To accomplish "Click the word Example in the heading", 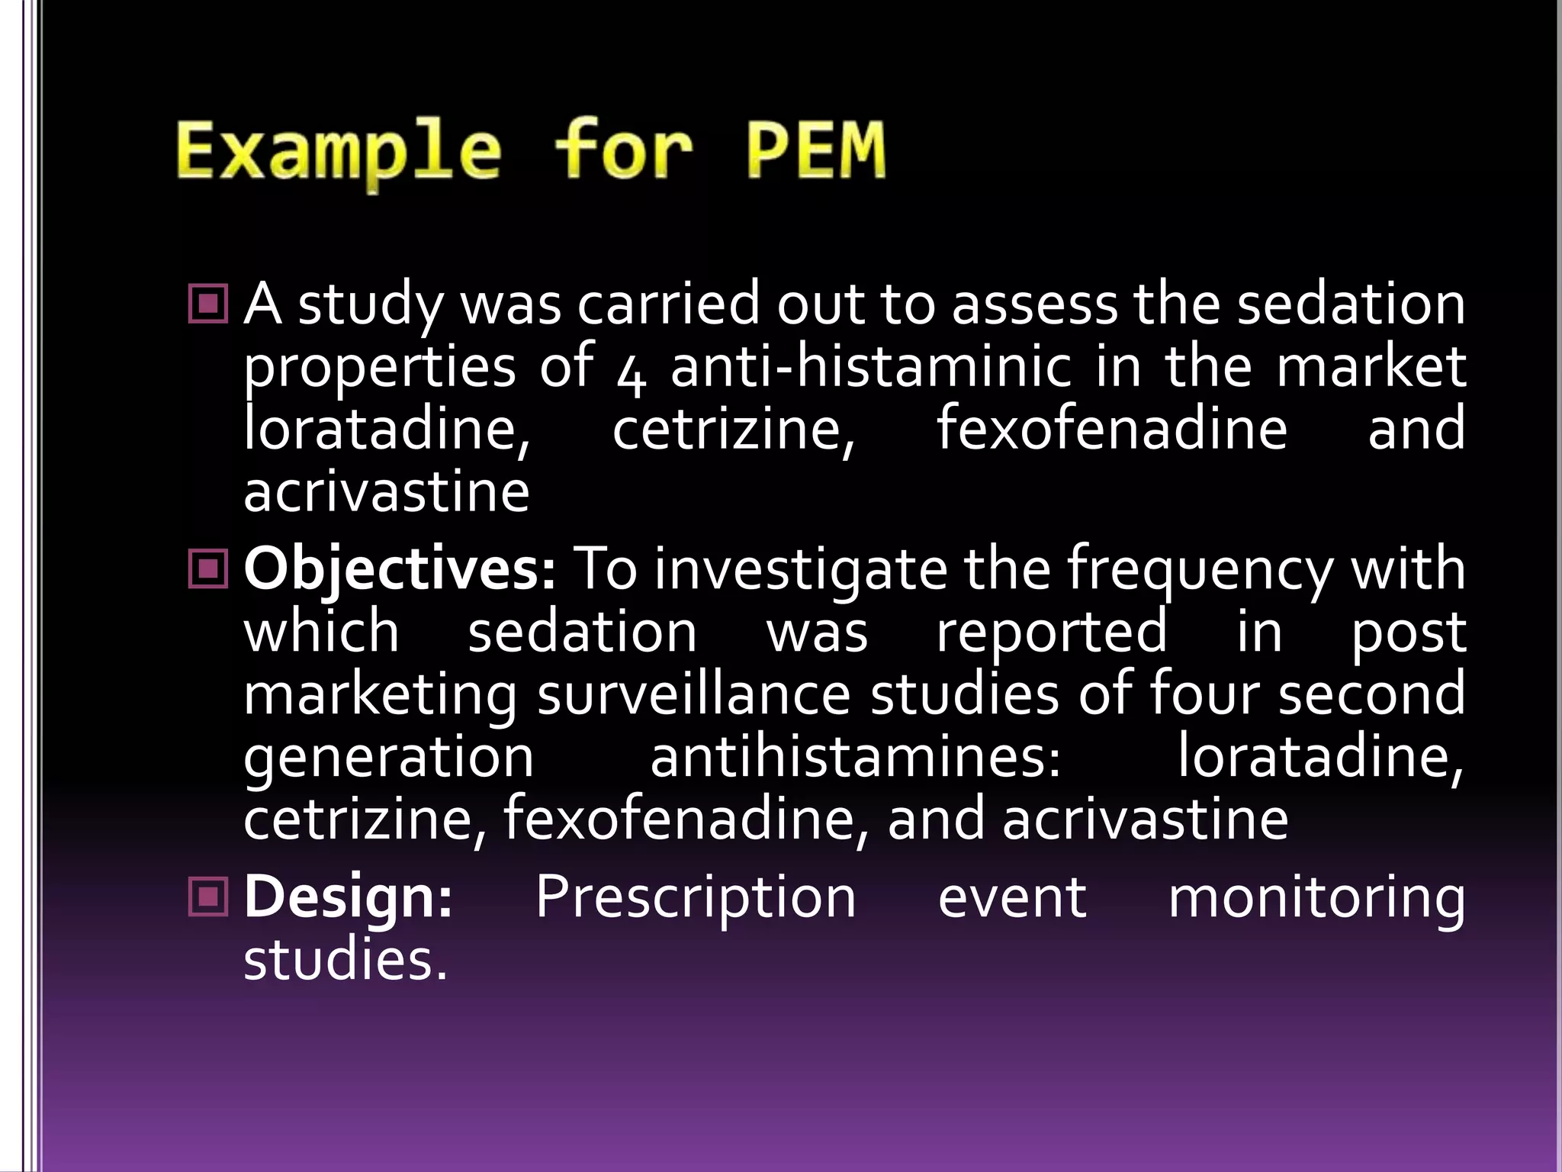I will pyautogui.click(x=339, y=153).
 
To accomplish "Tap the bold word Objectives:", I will pyautogui.click(x=400, y=570).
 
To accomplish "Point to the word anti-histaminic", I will pyautogui.click(x=871, y=366).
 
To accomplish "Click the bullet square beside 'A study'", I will pyautogui.click(x=207, y=304).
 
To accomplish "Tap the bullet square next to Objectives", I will pyautogui.click(x=207, y=569).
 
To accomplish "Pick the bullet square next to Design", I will pyautogui.click(x=207, y=896).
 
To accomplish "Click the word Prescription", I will pyautogui.click(x=696, y=897).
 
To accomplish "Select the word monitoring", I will pyautogui.click(x=1316, y=899).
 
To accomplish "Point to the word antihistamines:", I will pyautogui.click(x=855, y=757).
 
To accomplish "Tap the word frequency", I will pyautogui.click(x=1200, y=571).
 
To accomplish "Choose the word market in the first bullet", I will pyautogui.click(x=1371, y=366).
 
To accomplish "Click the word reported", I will pyautogui.click(x=1052, y=633).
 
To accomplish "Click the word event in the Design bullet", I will pyautogui.click(x=1012, y=897).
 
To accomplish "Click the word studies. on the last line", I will pyautogui.click(x=345, y=960).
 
